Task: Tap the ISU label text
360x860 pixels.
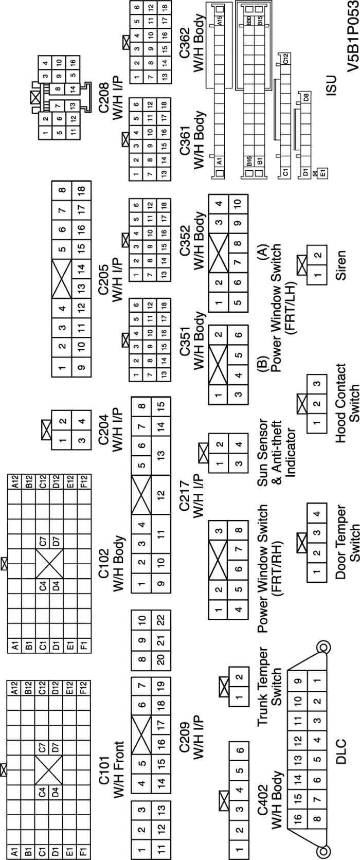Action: (x=331, y=86)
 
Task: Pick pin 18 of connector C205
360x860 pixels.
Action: (x=81, y=190)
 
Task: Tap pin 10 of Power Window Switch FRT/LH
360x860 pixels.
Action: (x=237, y=203)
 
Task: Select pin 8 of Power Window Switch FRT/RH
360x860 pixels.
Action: (x=238, y=530)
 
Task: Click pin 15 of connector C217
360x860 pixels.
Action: (x=160, y=405)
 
